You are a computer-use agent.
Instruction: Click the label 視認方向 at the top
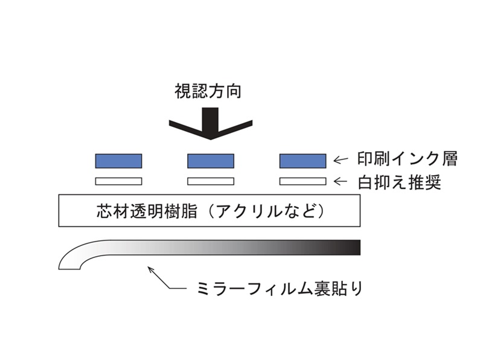click(x=209, y=92)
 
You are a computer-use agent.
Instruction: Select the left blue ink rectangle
click(x=119, y=161)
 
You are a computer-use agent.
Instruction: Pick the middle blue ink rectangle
click(x=211, y=161)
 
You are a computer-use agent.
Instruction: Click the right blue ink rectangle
click(x=303, y=161)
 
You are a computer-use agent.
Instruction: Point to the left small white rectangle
click(x=119, y=181)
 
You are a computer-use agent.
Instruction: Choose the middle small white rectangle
click(x=211, y=181)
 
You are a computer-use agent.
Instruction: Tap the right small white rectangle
click(x=303, y=181)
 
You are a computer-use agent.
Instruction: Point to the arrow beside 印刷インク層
click(x=342, y=161)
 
